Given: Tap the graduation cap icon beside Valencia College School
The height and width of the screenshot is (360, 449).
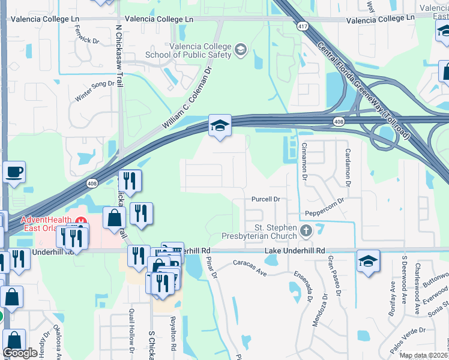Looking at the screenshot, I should click(241, 49).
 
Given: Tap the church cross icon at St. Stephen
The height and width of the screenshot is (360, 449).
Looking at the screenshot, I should click(306, 230).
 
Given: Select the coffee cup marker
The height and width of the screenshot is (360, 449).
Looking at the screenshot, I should click(14, 173).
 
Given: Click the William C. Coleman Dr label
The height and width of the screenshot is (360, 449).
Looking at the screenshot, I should click(187, 98).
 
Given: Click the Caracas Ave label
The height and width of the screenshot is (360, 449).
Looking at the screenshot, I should click(249, 268).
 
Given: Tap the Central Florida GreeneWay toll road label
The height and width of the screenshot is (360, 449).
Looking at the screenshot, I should click(364, 90).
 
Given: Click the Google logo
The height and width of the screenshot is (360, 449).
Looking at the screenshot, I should click(20, 353).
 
